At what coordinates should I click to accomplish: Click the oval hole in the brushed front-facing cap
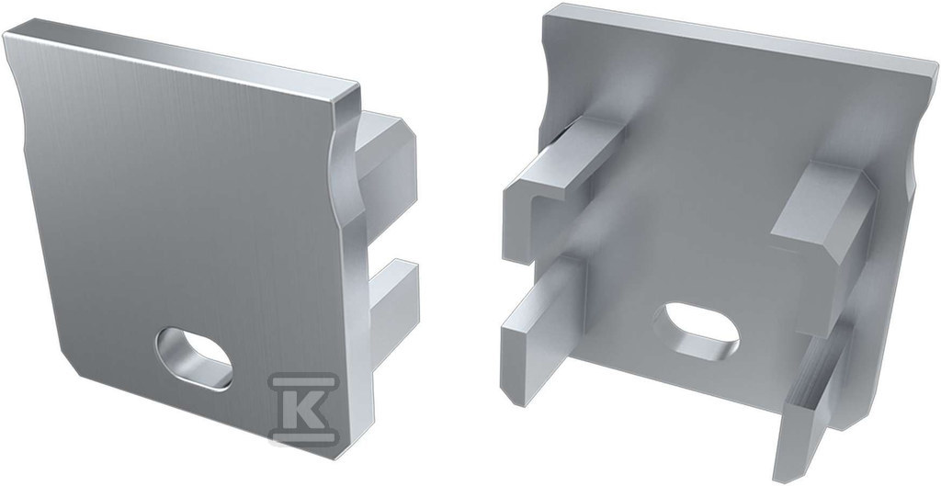click(x=194, y=358)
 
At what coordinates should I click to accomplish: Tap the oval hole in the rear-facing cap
click(x=699, y=331)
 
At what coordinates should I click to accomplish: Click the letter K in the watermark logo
click(x=304, y=410)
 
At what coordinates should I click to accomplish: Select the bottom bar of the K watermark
click(x=303, y=438)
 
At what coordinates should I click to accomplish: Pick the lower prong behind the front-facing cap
click(x=393, y=312)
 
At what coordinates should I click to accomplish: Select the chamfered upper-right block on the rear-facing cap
click(x=825, y=222)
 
